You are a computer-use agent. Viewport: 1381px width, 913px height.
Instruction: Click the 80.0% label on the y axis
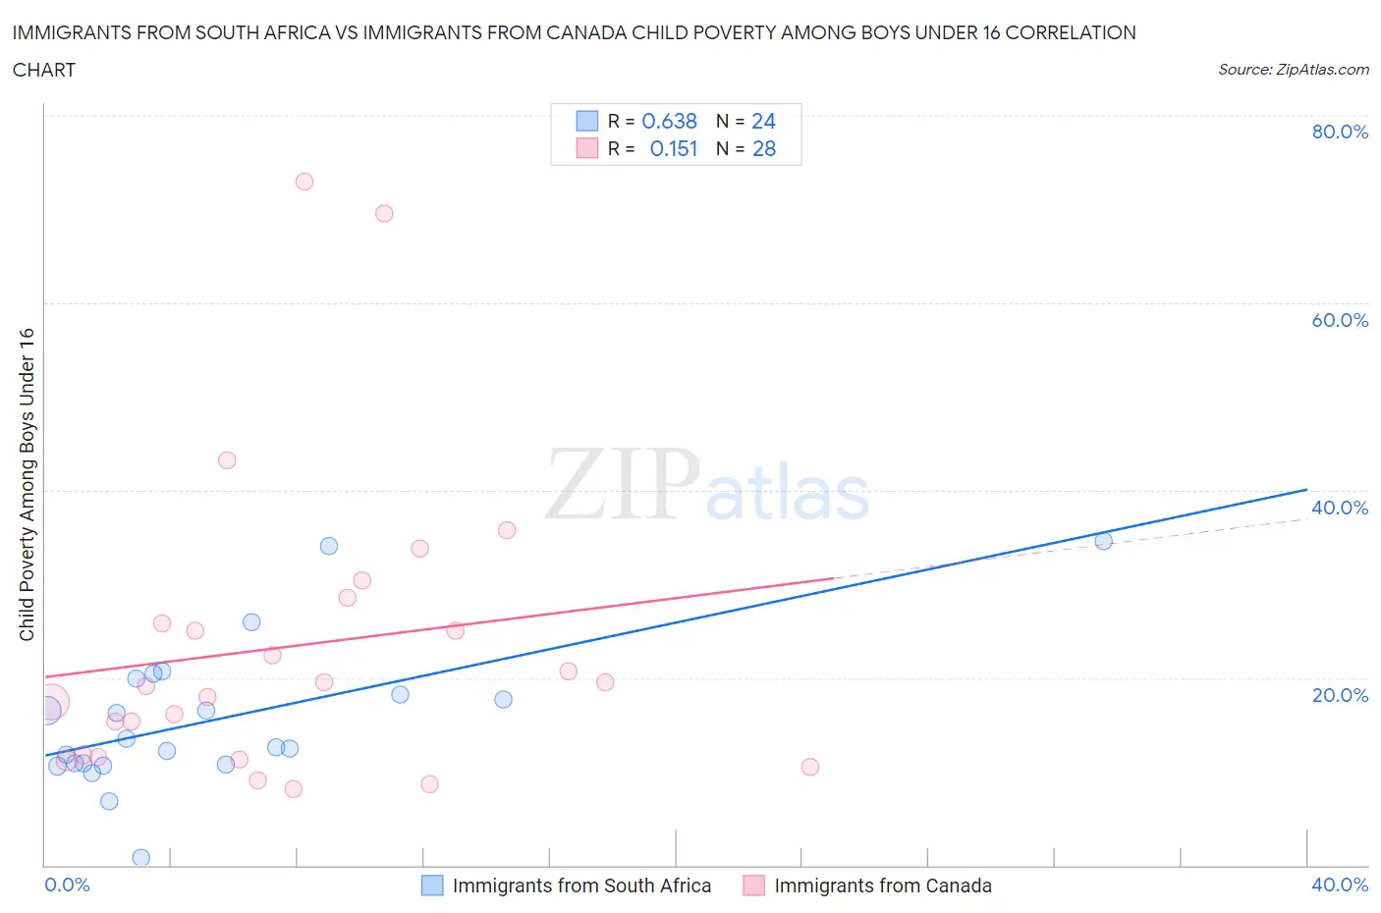tap(1339, 132)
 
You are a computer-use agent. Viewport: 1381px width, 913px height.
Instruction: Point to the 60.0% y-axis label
tap(1339, 320)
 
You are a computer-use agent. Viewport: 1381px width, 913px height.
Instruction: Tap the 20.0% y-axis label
tap(1339, 695)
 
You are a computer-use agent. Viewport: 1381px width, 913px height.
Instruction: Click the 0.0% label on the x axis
tap(67, 885)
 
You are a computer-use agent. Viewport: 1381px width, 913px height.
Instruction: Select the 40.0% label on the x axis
tap(1339, 885)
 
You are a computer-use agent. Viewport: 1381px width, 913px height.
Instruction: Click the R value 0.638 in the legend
tap(669, 121)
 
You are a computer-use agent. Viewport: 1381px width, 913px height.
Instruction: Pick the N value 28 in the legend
tap(763, 148)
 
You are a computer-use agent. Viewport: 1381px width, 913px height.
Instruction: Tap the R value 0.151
tap(673, 148)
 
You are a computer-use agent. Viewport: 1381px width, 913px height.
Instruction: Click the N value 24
tap(763, 121)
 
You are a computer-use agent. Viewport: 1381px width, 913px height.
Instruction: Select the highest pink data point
tap(304, 182)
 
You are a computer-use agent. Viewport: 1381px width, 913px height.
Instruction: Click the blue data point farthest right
tap(1103, 541)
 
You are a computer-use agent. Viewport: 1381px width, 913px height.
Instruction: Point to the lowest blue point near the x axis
tap(141, 857)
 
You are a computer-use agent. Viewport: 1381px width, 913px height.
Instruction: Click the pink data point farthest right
tap(810, 767)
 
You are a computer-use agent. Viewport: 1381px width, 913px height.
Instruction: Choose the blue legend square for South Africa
tap(432, 886)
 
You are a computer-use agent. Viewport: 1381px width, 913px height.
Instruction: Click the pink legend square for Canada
tap(753, 886)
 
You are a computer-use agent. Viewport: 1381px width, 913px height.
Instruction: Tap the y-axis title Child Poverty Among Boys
tap(28, 484)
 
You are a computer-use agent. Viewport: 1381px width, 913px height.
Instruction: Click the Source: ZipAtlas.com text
tap(1293, 70)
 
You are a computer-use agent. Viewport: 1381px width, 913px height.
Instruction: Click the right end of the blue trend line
tap(1306, 489)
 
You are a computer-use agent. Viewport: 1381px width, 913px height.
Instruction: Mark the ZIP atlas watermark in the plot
tap(707, 484)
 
